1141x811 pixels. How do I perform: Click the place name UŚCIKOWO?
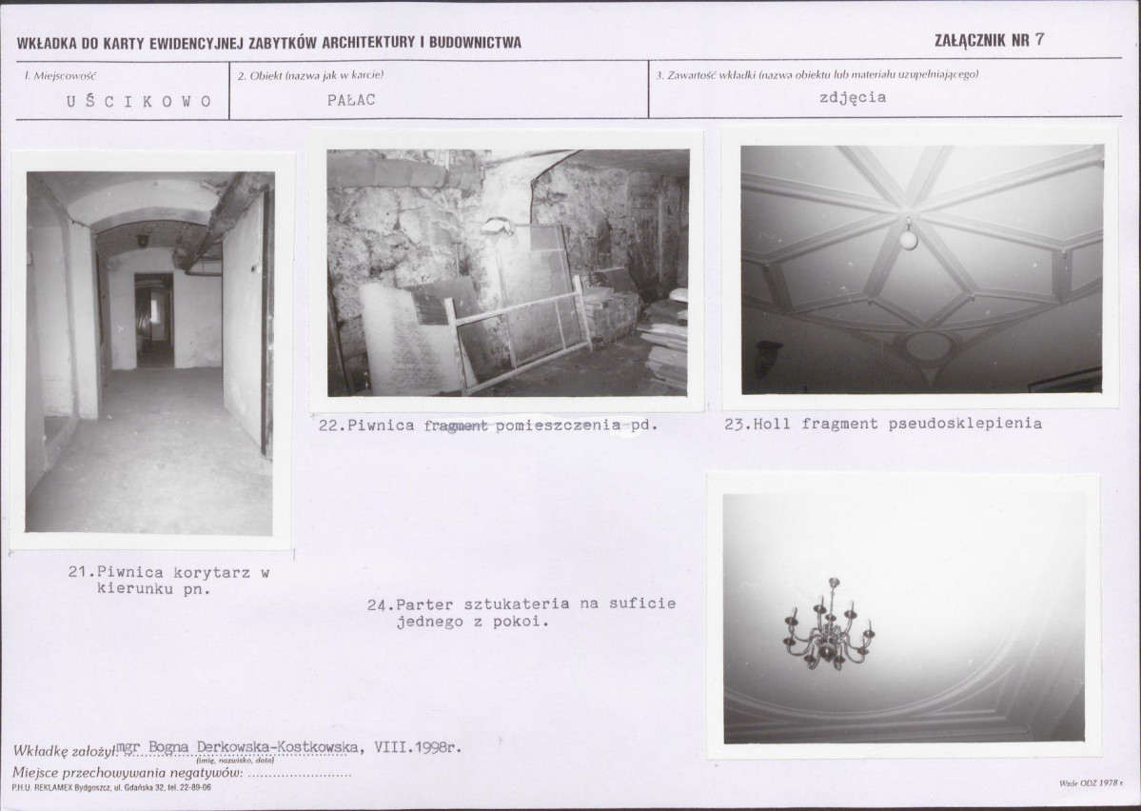(x=139, y=101)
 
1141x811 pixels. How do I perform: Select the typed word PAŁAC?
(x=351, y=100)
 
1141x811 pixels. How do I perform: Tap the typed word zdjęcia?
(x=853, y=97)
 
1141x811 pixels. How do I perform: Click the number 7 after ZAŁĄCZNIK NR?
(x=1039, y=39)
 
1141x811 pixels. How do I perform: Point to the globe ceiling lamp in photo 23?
(x=908, y=238)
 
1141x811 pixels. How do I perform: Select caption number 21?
(x=78, y=572)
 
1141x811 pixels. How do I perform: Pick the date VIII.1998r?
(x=418, y=747)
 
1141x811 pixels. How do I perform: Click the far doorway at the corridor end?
(x=153, y=319)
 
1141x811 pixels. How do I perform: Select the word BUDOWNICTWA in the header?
(x=475, y=42)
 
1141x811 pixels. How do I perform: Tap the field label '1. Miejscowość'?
(x=60, y=76)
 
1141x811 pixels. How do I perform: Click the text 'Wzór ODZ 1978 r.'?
(x=1091, y=783)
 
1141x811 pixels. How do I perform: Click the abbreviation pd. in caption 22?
(x=643, y=425)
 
